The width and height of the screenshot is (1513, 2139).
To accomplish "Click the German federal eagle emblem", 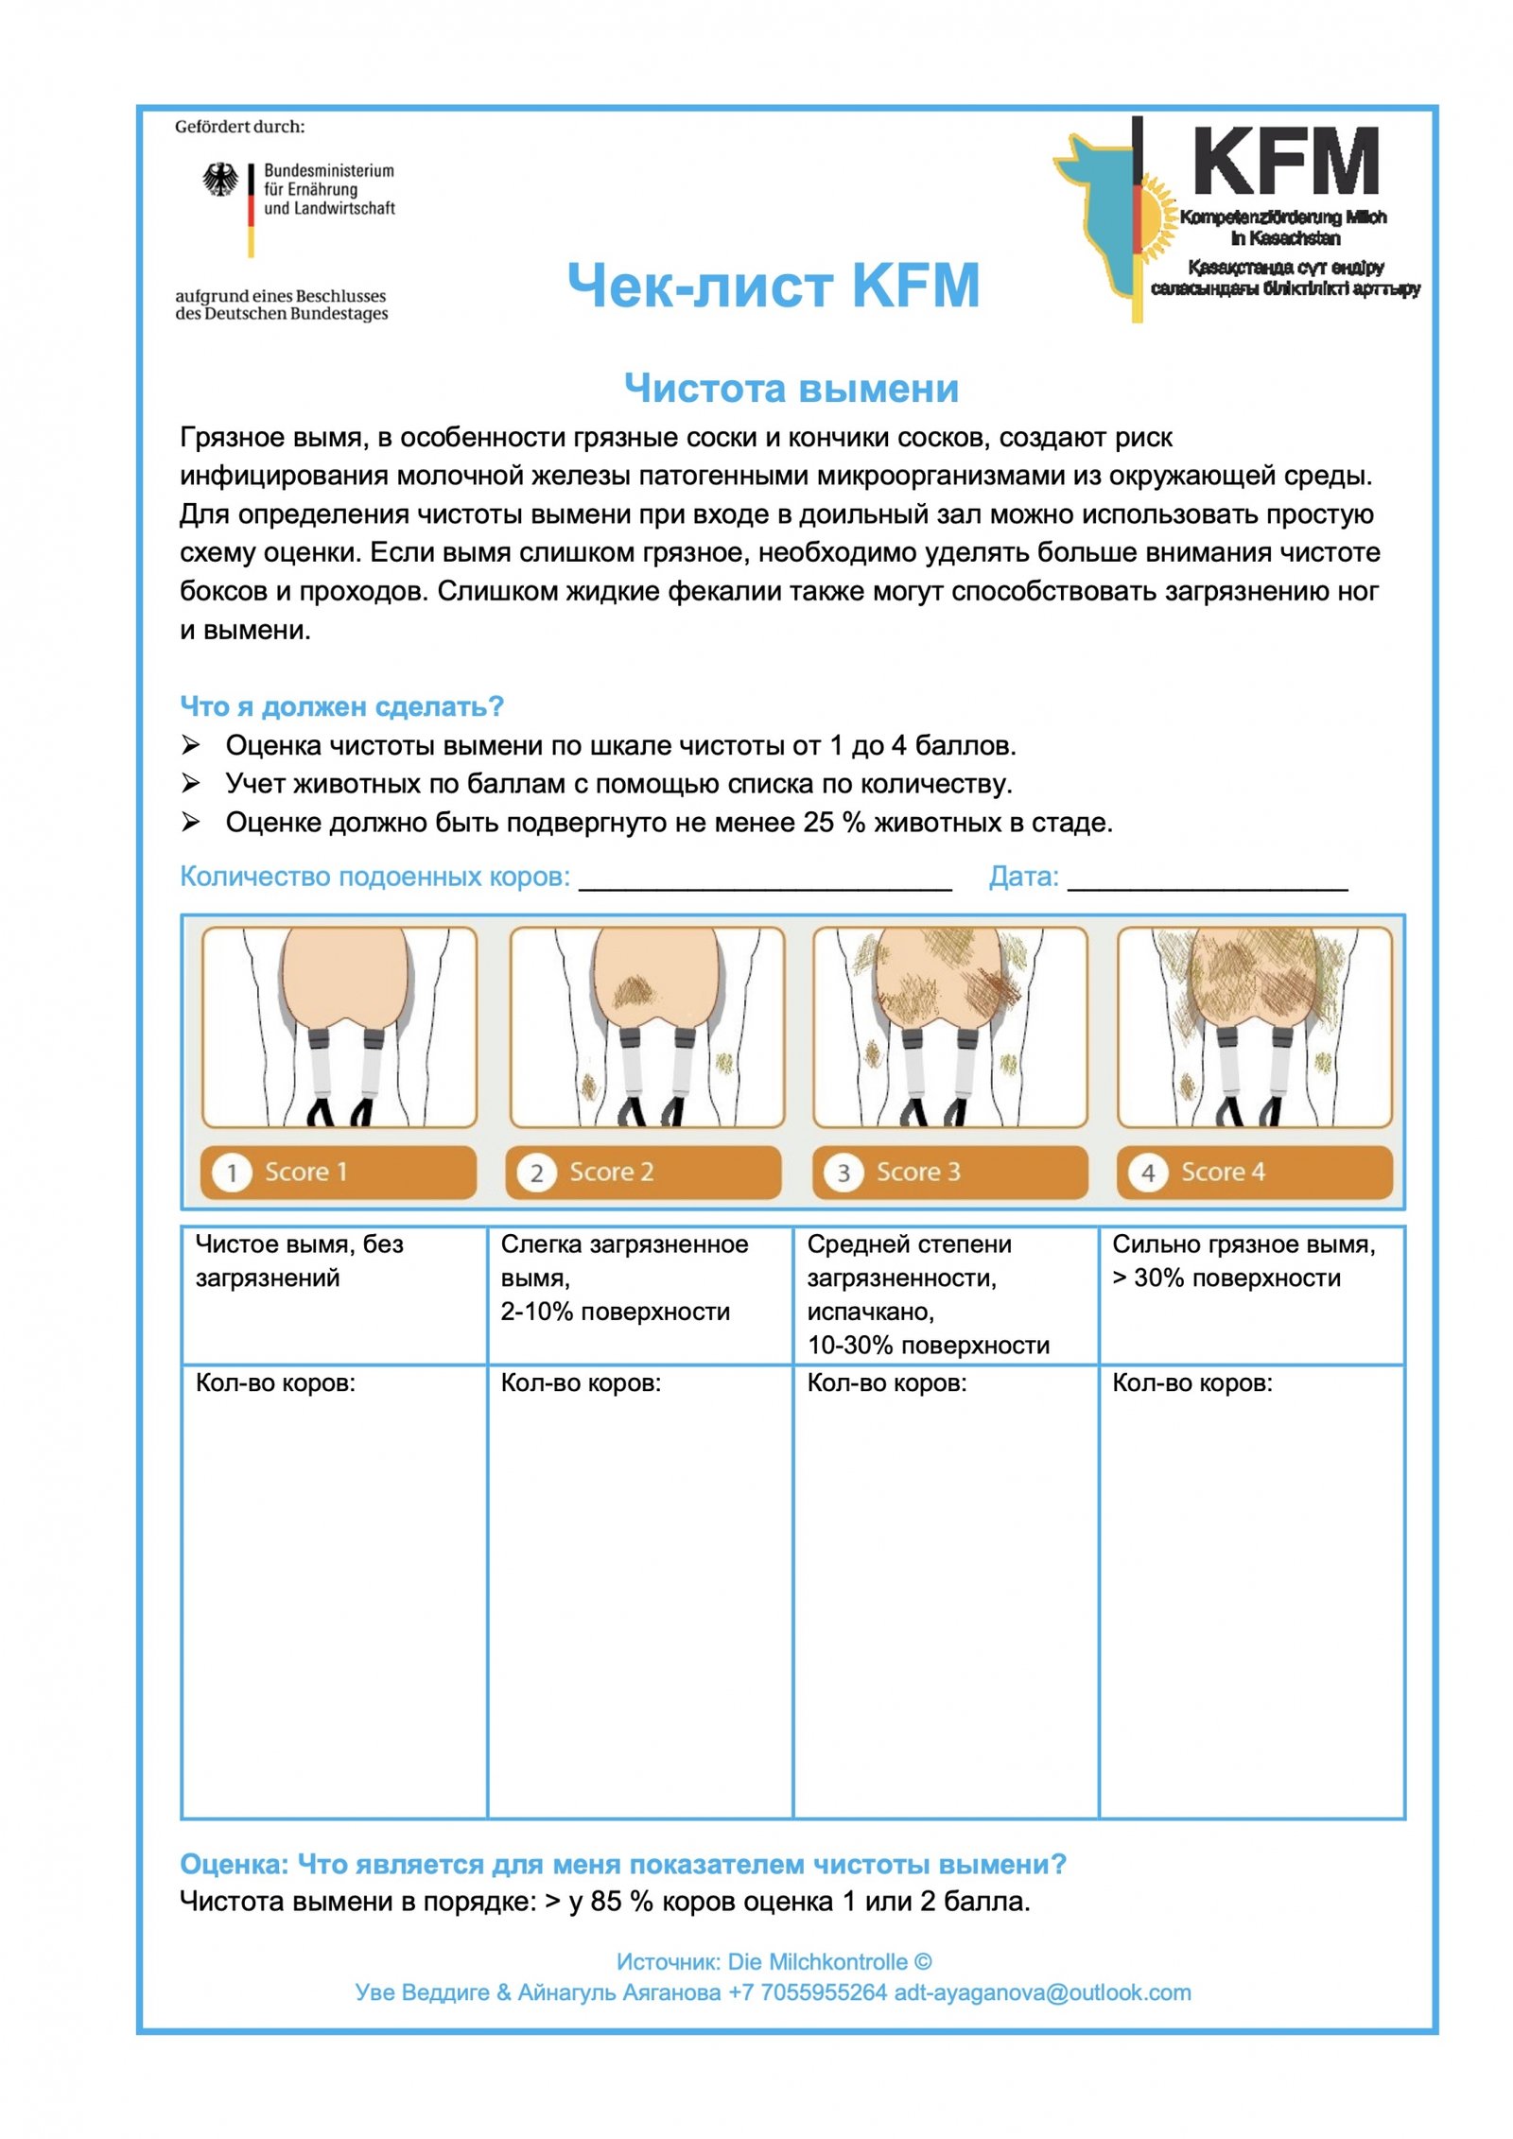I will tap(220, 179).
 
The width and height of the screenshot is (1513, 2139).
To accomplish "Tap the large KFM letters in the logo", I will tap(1285, 163).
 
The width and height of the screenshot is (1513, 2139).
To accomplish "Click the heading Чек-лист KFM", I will tap(773, 286).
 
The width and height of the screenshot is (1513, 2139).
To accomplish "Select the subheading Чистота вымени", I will tap(791, 389).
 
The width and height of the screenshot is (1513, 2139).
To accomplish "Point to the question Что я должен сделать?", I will tap(341, 706).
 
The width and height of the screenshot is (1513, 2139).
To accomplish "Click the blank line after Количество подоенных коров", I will tap(764, 879).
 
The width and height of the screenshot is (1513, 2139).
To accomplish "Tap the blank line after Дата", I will tap(1207, 879).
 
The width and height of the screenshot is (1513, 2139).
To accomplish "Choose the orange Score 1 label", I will tap(338, 1172).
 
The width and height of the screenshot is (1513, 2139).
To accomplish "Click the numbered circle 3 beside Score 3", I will tap(843, 1174).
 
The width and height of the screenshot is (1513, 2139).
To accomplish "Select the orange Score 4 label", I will tap(1254, 1172).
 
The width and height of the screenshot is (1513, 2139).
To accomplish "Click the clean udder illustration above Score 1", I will tap(339, 1026).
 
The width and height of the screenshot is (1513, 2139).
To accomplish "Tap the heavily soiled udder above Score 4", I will tap(1254, 1026).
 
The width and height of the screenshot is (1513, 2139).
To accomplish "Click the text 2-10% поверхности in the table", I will tap(615, 1312).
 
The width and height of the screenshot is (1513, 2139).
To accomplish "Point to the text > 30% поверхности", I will tap(1226, 1278).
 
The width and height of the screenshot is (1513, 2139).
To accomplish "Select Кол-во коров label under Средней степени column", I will tap(886, 1383).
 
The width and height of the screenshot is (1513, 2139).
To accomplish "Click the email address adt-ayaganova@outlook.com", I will tap(1042, 1992).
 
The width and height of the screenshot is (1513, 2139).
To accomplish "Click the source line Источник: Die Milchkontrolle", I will tap(773, 1961).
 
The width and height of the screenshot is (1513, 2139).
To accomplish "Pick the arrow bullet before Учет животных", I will tap(190, 784).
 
